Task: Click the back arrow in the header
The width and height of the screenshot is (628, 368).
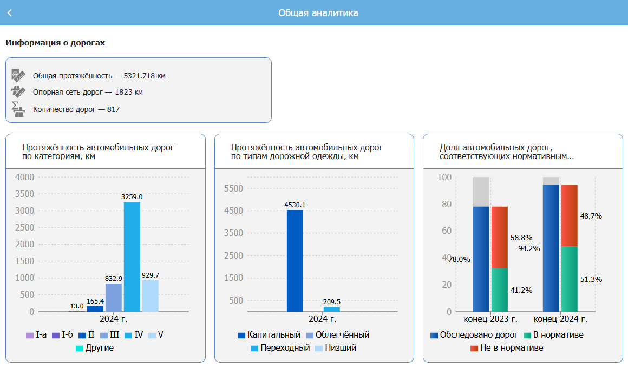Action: point(10,12)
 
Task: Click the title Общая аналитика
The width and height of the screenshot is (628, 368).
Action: point(318,12)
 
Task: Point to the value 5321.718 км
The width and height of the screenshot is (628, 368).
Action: point(145,76)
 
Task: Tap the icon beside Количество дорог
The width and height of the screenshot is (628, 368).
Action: point(18,109)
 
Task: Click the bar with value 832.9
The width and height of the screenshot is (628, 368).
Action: point(113,297)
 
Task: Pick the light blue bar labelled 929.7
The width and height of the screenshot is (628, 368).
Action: point(150,295)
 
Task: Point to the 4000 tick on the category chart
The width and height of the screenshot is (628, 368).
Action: point(25,177)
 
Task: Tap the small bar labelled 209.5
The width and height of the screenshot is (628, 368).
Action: point(332,309)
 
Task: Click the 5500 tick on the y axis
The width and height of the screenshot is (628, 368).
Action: point(234,188)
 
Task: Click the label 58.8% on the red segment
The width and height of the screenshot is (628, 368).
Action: point(521,238)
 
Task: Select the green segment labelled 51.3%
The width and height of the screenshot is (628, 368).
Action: point(569,279)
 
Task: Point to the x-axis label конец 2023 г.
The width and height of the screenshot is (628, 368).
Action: point(490,319)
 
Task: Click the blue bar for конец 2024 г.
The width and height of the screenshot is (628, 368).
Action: point(551,248)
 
